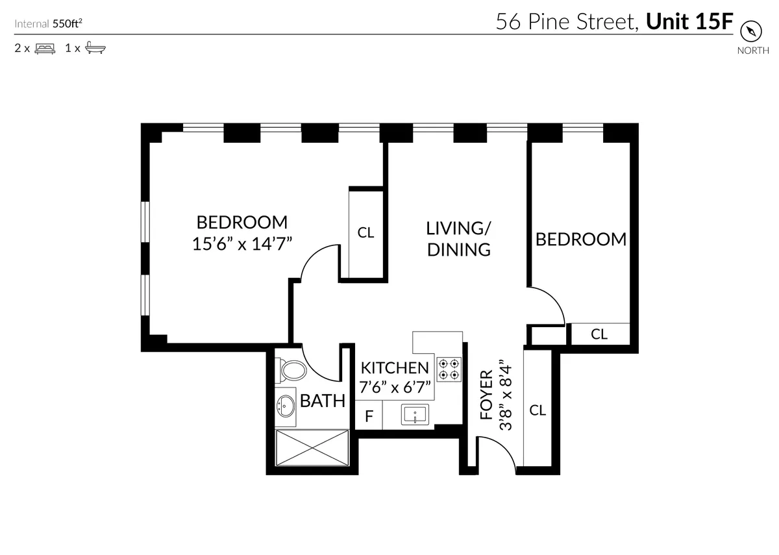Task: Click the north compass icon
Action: tap(752, 32)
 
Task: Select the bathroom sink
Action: tap(285, 406)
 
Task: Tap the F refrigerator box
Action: tap(369, 416)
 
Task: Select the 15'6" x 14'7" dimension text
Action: tap(241, 244)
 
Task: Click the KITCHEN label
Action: tap(395, 368)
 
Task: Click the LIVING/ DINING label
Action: tap(458, 238)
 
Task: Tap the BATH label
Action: tap(322, 401)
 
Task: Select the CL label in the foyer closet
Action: tap(538, 410)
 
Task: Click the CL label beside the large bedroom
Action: tap(366, 232)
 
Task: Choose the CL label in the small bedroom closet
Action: tap(599, 334)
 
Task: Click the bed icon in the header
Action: tap(45, 48)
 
